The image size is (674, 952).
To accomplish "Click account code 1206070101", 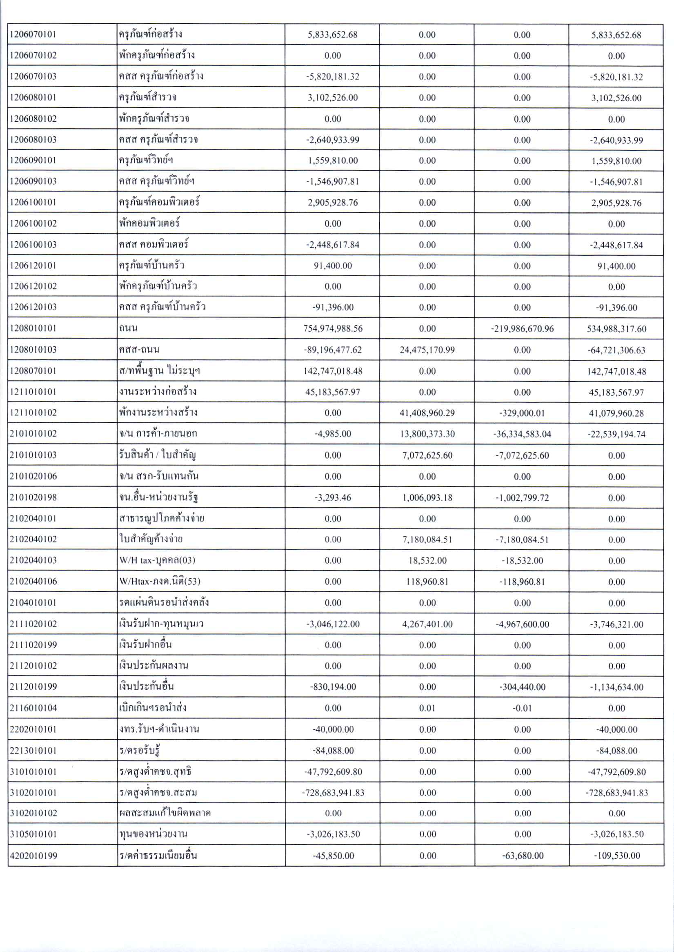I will coord(33,34).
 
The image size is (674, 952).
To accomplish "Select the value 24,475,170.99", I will coord(427,350).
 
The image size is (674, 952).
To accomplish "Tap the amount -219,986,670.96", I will coord(522,329).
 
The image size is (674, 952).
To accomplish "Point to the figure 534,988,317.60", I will coord(616,329).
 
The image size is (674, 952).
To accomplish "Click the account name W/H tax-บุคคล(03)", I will coord(157,560).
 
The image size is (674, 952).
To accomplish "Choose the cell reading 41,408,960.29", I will coord(427,413).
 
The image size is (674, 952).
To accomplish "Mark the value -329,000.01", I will coord(522,413).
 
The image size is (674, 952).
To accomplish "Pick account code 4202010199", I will coord(33,856).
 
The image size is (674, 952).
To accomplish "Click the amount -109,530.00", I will coord(616,856).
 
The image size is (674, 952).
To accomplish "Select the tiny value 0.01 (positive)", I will coord(427,708).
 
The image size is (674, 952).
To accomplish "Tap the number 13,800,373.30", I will coord(427,434).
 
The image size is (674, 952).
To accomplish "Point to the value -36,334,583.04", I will coord(522,434).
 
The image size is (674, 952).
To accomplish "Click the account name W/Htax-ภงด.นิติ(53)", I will coord(160,581).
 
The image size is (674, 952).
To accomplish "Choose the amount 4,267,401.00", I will coord(427,624).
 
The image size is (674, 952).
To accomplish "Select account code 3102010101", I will coord(33,793).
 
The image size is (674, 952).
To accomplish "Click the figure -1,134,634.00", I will coord(616,687).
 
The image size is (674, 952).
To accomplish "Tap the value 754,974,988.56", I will coord(333,329).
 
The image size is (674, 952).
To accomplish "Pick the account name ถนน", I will coord(128,328).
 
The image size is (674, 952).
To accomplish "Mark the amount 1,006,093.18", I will coord(427,498).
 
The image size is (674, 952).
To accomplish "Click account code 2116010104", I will coord(33,708).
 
